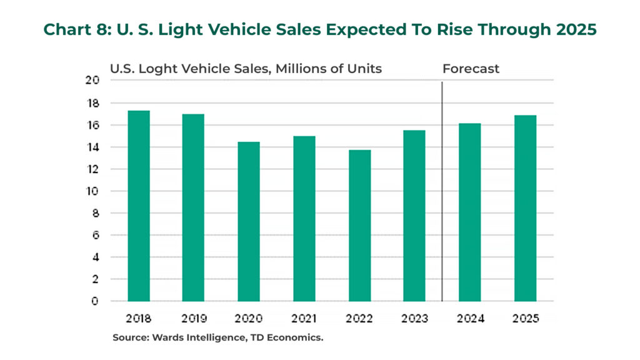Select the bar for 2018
pos(139,206)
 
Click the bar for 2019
pos(193,207)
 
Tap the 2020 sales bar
pos(248,222)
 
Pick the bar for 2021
pos(304,219)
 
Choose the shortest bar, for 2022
pos(359,226)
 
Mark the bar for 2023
pos(414,216)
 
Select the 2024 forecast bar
pos(470,212)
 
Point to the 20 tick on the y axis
pos(92,80)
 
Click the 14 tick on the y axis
pos(92,147)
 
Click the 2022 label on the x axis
pos(359,318)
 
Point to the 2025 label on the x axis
pos(525,318)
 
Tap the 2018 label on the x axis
pos(139,318)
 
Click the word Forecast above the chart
pos(471,69)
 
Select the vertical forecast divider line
pos(442,187)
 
